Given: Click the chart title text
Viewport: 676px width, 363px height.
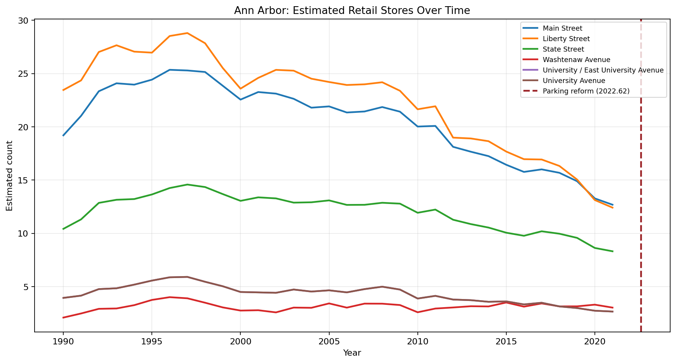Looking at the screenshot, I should tap(352, 10).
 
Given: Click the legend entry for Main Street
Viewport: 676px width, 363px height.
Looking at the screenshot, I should tap(562, 28).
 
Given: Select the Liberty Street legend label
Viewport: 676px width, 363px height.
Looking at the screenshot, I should tap(566, 39).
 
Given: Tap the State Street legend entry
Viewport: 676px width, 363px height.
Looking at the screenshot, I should tap(563, 49).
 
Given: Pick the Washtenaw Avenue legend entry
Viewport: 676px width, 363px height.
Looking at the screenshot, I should tap(576, 60).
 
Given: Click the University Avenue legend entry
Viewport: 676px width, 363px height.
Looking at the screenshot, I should tap(574, 81).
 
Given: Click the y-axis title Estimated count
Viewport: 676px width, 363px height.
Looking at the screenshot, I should tap(10, 176).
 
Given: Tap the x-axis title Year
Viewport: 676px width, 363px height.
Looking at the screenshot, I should tap(352, 353).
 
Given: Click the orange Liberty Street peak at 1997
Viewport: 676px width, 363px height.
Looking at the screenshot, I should tap(187, 33).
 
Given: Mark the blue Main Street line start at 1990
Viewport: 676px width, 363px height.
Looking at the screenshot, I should tap(63, 135).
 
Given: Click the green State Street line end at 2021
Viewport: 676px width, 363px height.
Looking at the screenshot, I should tap(612, 251).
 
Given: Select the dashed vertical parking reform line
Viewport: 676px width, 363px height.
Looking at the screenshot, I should tap(641, 194).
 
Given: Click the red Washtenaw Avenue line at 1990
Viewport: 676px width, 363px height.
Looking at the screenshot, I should tap(63, 317).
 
